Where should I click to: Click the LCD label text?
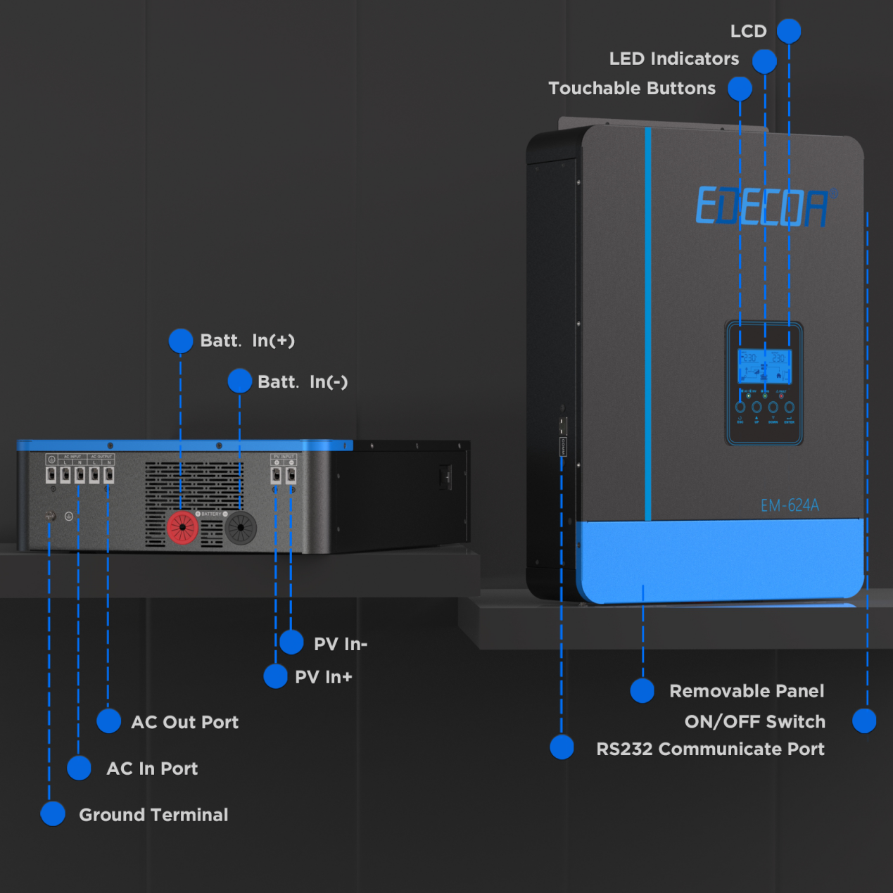pos(748,32)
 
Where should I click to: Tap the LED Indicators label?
pos(673,59)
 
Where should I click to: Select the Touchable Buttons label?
pos(631,89)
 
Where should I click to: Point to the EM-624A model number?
pos(790,505)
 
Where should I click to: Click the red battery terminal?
pos(182,527)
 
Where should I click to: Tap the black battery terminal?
pos(241,527)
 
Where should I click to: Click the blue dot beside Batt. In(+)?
pos(181,341)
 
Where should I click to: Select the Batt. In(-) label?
pos(303,382)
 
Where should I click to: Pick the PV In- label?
pos(341,644)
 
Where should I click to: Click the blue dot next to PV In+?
pos(275,676)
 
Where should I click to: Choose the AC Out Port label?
pos(184,722)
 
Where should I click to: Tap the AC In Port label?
pos(152,768)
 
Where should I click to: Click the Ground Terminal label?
pos(153,815)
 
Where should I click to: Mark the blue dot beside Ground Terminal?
pos(53,813)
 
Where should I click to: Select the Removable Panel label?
pos(747,691)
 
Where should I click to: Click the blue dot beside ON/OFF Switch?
pos(864,721)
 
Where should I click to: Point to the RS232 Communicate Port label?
pos(710,749)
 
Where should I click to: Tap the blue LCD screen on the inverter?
pos(764,366)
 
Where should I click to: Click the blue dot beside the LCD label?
pos(789,31)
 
